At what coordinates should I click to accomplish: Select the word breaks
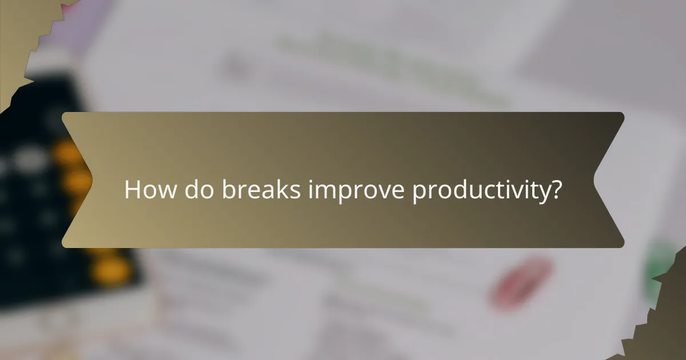[261, 190]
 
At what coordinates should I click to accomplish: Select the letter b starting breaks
[229, 190]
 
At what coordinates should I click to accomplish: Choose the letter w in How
[164, 191]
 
